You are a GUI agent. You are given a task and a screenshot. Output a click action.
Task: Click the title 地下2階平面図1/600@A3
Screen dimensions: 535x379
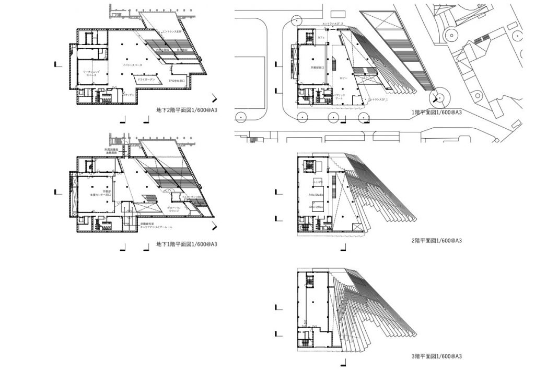[x=187, y=110]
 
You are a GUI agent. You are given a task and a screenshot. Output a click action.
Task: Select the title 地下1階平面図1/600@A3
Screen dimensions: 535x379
[x=187, y=244]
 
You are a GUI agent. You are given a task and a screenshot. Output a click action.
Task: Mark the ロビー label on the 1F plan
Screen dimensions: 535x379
[x=343, y=77]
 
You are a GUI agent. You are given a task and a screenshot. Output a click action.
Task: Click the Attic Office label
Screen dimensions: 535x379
[x=316, y=207]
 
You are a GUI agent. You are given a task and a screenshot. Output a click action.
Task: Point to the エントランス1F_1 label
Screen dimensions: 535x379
[x=377, y=99]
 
